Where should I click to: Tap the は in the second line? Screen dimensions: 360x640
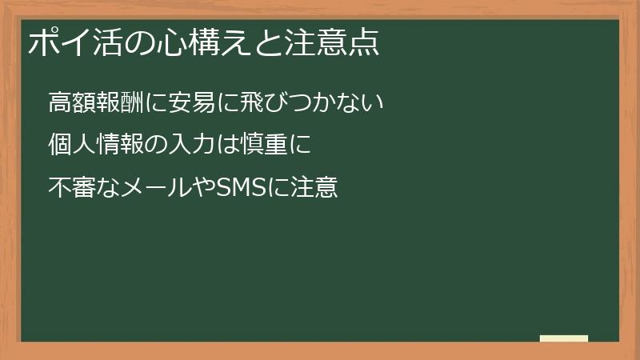coord(215,146)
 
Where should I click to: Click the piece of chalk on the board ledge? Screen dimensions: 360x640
coord(564,338)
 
